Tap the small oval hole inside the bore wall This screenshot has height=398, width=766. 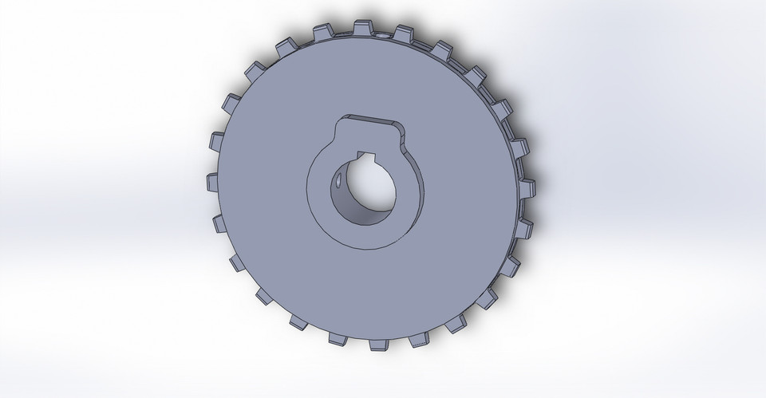pyautogui.click(x=340, y=180)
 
